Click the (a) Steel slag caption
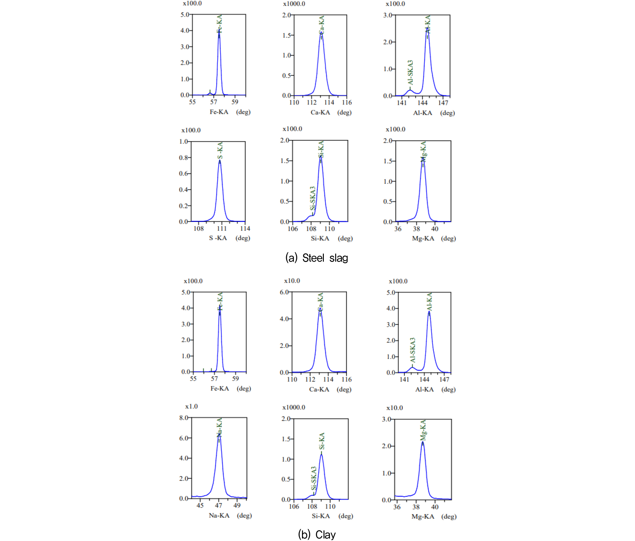[317, 258]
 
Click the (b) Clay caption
[317, 535]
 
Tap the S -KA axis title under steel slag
[218, 238]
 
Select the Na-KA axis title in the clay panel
[219, 515]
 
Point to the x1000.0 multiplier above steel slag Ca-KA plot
[294, 4]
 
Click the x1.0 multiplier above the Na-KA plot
[191, 407]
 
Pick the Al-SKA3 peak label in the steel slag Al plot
[410, 72]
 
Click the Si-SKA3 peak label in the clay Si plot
[313, 478]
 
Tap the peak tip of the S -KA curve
[219, 161]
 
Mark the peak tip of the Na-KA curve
[219, 434]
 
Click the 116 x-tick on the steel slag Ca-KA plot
[347, 102]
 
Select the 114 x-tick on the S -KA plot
[245, 228]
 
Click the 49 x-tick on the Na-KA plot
[237, 505]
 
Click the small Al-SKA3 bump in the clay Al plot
[412, 367]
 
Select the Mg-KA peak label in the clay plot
[423, 430]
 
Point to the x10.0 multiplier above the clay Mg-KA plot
[395, 408]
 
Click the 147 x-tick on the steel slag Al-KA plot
[443, 103]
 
